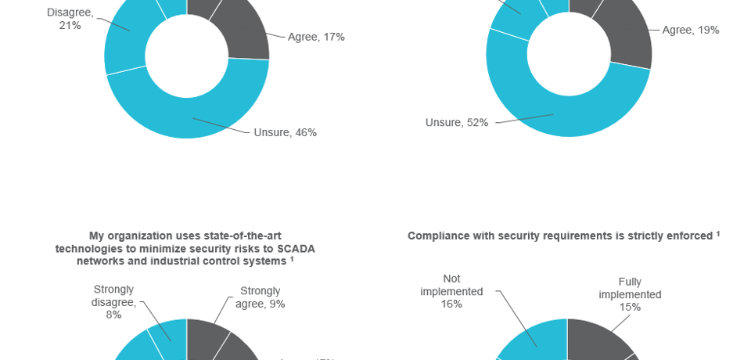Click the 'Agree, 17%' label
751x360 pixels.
tap(316, 37)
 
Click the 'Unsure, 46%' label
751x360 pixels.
tap(285, 132)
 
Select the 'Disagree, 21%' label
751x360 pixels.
tap(70, 19)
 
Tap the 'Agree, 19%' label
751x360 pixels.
tap(690, 30)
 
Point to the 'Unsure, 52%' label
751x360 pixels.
tap(457, 122)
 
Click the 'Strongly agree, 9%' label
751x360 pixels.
tap(261, 297)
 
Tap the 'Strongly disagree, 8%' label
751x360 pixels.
tap(113, 301)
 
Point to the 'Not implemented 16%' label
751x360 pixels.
tap(451, 290)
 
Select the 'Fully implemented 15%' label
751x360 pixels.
tap(630, 294)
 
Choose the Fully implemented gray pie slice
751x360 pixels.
tap(598, 340)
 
